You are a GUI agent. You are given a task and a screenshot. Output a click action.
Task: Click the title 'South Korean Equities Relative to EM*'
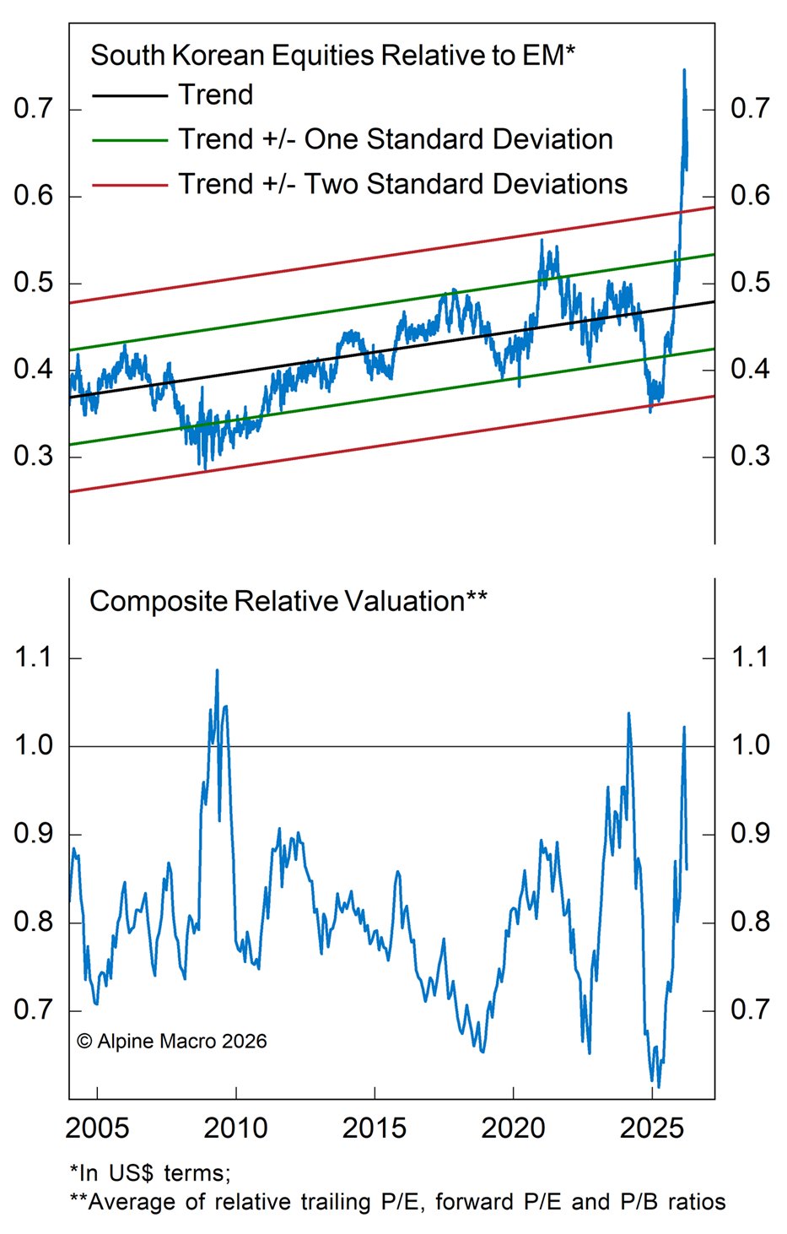pyautogui.click(x=332, y=56)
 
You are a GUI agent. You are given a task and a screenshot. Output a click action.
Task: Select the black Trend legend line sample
pyautogui.click(x=129, y=96)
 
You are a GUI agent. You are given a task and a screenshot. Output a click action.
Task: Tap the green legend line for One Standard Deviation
pyautogui.click(x=129, y=140)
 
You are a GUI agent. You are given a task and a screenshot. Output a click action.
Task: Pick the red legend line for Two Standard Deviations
pyautogui.click(x=129, y=185)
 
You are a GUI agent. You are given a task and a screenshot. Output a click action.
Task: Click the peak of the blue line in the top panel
pyautogui.click(x=684, y=70)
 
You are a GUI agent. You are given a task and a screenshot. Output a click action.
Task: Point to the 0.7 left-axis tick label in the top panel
pyautogui.click(x=34, y=108)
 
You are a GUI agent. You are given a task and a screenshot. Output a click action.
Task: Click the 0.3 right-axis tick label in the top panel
pyautogui.click(x=750, y=456)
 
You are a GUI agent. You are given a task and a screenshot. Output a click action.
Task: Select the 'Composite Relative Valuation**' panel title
pyautogui.click(x=288, y=601)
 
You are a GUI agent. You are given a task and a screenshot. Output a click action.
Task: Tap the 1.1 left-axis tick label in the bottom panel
pyautogui.click(x=34, y=657)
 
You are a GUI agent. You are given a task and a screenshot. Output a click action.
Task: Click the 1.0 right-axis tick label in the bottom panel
pyautogui.click(x=750, y=744)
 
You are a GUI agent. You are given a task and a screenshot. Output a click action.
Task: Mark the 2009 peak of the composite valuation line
pyautogui.click(x=217, y=670)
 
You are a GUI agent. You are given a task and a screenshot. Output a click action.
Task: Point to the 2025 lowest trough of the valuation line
pyautogui.click(x=658, y=1087)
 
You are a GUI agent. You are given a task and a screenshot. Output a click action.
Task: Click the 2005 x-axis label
pyautogui.click(x=97, y=1128)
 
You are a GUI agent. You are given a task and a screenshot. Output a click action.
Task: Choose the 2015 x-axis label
pyautogui.click(x=375, y=1128)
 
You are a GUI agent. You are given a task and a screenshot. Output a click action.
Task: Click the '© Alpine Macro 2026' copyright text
pyautogui.click(x=171, y=1042)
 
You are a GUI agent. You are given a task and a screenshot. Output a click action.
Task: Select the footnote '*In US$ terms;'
pyautogui.click(x=149, y=1172)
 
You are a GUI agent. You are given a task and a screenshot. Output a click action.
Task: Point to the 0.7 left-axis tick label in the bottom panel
pyautogui.click(x=34, y=1009)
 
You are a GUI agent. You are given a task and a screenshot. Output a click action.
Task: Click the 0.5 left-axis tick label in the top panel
pyautogui.click(x=34, y=282)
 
